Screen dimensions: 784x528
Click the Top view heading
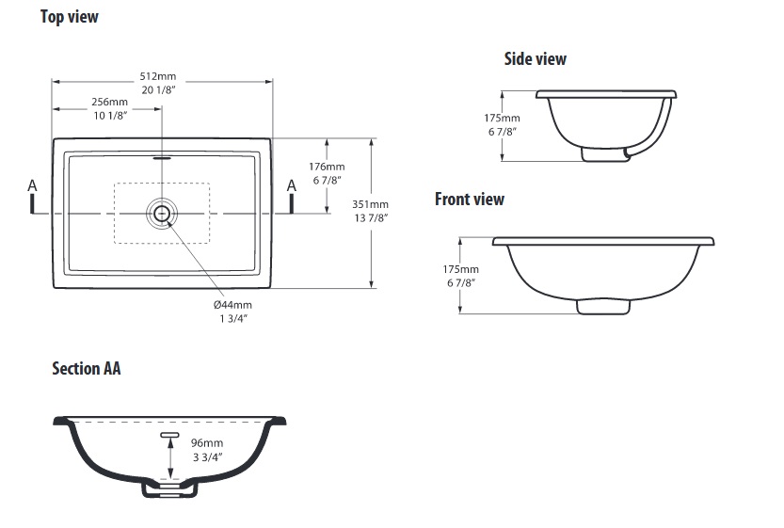coord(70,17)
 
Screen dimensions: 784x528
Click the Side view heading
coord(535,59)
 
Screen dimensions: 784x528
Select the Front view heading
coord(470,199)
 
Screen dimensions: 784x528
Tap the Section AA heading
coord(87,369)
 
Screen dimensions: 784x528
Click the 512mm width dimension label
coord(158,76)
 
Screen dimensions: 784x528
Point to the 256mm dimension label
coord(109,102)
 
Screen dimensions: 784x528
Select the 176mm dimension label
coord(327,167)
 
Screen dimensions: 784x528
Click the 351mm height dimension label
coord(370,204)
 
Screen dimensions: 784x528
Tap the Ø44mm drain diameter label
coord(233,305)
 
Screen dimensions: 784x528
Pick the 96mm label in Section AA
coord(207,443)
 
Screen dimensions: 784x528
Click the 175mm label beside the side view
coord(502,119)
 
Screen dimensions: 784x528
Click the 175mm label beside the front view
coord(460,269)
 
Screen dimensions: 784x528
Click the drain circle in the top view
coord(162,214)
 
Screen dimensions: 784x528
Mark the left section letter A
coord(32,186)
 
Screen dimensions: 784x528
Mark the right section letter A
coord(292,186)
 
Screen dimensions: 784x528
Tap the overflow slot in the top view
coord(162,158)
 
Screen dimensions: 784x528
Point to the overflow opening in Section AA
coord(170,435)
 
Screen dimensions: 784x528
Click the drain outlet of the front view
coord(603,307)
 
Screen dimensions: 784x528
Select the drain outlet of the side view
coord(605,154)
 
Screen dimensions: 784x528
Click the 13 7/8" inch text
coord(371,218)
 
